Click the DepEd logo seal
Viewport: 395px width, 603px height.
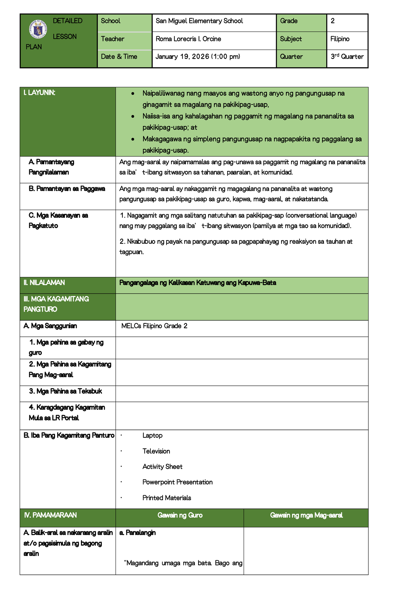(x=38, y=30)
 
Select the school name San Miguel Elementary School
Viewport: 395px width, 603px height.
(x=199, y=21)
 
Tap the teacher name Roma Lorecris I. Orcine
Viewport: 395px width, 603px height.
(x=188, y=39)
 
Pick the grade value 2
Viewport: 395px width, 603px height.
(x=332, y=21)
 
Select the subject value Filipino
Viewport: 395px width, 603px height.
(x=340, y=39)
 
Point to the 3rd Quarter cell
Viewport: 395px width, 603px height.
(x=347, y=57)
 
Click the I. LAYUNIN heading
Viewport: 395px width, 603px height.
(x=39, y=93)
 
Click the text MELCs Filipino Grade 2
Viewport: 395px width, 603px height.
(x=154, y=326)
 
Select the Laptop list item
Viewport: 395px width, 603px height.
(x=152, y=435)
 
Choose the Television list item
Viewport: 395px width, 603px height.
(x=156, y=451)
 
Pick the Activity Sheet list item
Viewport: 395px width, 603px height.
(x=162, y=467)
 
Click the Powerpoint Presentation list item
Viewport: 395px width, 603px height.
(x=177, y=482)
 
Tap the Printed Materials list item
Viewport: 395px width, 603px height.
(x=167, y=498)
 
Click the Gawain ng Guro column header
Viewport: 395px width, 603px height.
(x=180, y=515)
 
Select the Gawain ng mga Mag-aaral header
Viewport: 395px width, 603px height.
(x=306, y=515)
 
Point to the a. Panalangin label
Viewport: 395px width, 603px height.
(x=138, y=533)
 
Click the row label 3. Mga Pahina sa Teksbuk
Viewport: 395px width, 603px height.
(x=66, y=391)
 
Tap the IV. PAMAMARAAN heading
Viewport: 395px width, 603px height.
(x=50, y=515)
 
